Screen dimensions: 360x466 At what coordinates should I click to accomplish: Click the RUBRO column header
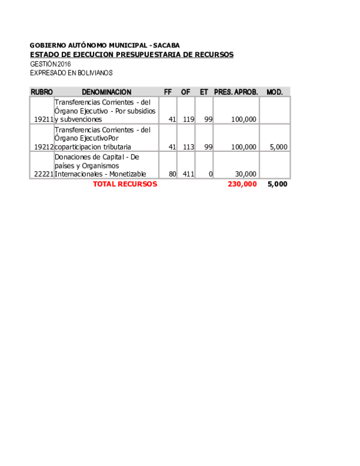point(41,92)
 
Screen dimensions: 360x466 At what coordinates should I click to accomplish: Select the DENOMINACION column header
point(107,92)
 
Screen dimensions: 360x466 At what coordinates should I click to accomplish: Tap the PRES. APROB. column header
point(236,92)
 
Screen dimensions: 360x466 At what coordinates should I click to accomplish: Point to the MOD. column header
point(274,92)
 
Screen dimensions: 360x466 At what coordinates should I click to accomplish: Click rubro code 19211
point(44,120)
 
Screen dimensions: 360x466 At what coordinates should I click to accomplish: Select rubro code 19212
point(44,147)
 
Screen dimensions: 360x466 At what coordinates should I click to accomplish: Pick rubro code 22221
point(44,174)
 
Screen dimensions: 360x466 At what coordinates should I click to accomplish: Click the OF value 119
point(188,120)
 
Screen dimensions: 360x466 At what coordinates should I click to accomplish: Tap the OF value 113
point(188,147)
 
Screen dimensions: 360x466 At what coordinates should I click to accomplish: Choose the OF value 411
point(188,174)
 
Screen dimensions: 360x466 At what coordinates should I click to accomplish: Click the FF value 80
point(172,174)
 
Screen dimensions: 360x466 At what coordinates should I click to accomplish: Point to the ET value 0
point(211,174)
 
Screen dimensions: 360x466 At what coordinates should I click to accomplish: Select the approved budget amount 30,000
point(245,174)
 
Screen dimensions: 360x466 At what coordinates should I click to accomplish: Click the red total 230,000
point(242,184)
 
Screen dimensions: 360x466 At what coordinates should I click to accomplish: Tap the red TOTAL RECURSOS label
point(125,184)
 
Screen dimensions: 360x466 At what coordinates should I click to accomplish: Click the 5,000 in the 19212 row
point(278,147)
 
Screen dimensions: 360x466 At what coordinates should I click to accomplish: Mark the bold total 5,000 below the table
point(277,184)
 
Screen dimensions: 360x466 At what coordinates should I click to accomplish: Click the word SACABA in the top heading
point(166,46)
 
